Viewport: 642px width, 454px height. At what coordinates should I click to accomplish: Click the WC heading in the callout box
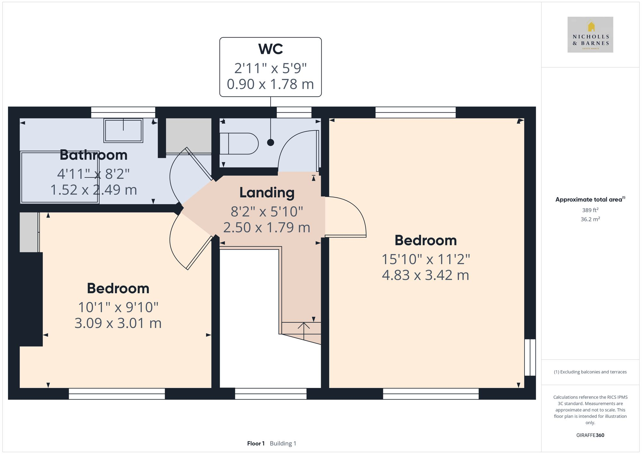point(270,49)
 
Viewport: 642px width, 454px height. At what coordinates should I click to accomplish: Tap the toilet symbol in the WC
point(239,143)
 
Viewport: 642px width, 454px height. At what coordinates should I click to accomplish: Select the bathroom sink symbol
point(123,130)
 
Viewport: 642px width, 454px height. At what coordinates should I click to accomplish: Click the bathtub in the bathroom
point(60,177)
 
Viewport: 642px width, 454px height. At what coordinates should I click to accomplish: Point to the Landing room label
point(267,193)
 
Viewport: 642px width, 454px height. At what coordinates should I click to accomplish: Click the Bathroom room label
point(93,155)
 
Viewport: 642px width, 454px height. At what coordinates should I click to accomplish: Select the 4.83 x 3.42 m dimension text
point(425,275)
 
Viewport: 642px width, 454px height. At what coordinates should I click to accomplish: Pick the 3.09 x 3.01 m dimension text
point(118,323)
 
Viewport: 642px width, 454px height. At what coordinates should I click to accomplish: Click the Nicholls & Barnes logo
point(590,35)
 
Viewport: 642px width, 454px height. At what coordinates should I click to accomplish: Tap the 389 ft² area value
point(590,210)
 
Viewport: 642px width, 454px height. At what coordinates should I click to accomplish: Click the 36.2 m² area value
point(590,219)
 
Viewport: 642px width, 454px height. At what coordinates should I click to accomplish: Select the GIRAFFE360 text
point(590,435)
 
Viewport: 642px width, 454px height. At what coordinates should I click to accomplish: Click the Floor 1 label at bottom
point(256,443)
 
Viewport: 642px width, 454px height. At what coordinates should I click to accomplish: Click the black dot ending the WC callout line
point(271,142)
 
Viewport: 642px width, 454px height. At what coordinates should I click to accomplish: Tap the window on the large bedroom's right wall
point(530,357)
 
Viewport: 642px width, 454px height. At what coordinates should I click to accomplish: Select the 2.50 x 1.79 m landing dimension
point(267,228)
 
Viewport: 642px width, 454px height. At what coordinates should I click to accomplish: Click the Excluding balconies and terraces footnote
point(590,372)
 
